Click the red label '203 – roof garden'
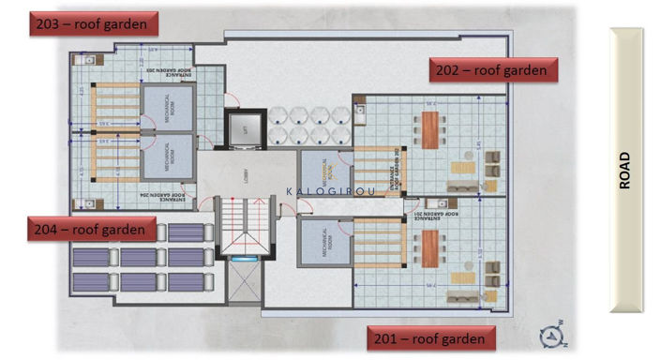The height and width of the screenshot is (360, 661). point(92,24)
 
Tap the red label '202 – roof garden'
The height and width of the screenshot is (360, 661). point(493,69)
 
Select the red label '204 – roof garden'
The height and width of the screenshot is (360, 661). point(91,229)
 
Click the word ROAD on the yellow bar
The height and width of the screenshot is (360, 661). point(625,171)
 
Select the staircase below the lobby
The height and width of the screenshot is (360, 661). point(242,230)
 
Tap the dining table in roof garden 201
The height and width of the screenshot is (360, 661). point(431,249)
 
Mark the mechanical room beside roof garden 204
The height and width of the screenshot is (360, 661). point(169,159)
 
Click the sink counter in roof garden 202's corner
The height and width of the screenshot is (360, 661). point(361,111)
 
